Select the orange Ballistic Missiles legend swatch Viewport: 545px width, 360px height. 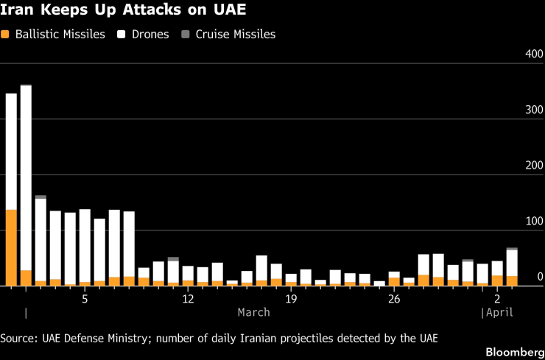[6, 35]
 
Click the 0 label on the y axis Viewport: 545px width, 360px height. [540, 277]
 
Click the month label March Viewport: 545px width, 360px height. [253, 312]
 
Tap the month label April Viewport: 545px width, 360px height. [499, 312]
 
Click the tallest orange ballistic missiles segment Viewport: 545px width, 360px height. [11, 247]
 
